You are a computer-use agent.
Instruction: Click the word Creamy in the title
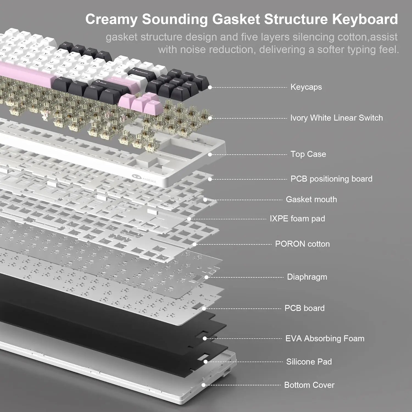point(111,20)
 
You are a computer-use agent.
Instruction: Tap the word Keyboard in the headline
point(365,20)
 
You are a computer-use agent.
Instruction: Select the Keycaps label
point(306,87)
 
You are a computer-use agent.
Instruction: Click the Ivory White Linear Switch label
point(336,118)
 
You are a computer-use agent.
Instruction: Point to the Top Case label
point(308,154)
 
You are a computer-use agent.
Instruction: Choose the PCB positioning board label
point(331,179)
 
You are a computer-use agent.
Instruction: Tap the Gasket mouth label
point(311,199)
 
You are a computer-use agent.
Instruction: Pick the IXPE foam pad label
point(297,219)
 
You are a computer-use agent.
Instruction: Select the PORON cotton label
point(302,244)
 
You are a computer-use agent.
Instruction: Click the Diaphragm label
point(307,277)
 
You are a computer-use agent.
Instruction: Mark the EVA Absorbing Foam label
point(325,338)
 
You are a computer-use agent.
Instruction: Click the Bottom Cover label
point(309,385)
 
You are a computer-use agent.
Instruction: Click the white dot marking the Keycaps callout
point(210,87)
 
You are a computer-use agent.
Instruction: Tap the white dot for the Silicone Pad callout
point(205,362)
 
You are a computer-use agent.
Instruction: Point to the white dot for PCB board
point(204,308)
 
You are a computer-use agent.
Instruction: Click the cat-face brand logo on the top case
point(137,178)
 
